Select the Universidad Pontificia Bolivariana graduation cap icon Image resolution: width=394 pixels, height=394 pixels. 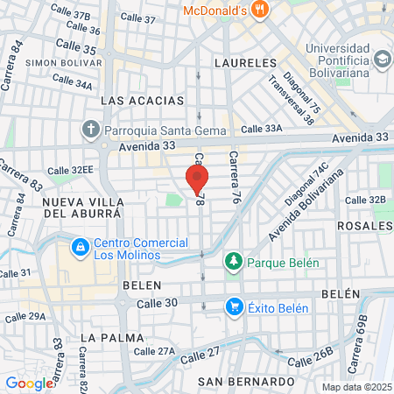pyautogui.click(x=382, y=59)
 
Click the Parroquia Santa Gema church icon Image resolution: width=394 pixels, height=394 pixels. pyautogui.click(x=92, y=130)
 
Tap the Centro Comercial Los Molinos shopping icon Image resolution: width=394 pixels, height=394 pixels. pyautogui.click(x=80, y=248)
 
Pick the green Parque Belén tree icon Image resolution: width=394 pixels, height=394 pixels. pyautogui.click(x=234, y=262)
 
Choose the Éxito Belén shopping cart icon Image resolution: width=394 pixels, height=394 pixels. pyautogui.click(x=234, y=306)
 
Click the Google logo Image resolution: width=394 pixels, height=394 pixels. pyautogui.click(x=29, y=383)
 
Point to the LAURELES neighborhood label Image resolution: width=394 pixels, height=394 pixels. pyautogui.click(x=244, y=64)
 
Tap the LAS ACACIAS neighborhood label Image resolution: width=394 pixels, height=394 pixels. pyautogui.click(x=137, y=101)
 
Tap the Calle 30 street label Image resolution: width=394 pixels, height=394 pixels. pyautogui.click(x=157, y=303)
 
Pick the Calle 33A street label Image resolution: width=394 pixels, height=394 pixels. pyautogui.click(x=263, y=128)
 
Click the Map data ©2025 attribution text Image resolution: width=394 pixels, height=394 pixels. pyautogui.click(x=355, y=386)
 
